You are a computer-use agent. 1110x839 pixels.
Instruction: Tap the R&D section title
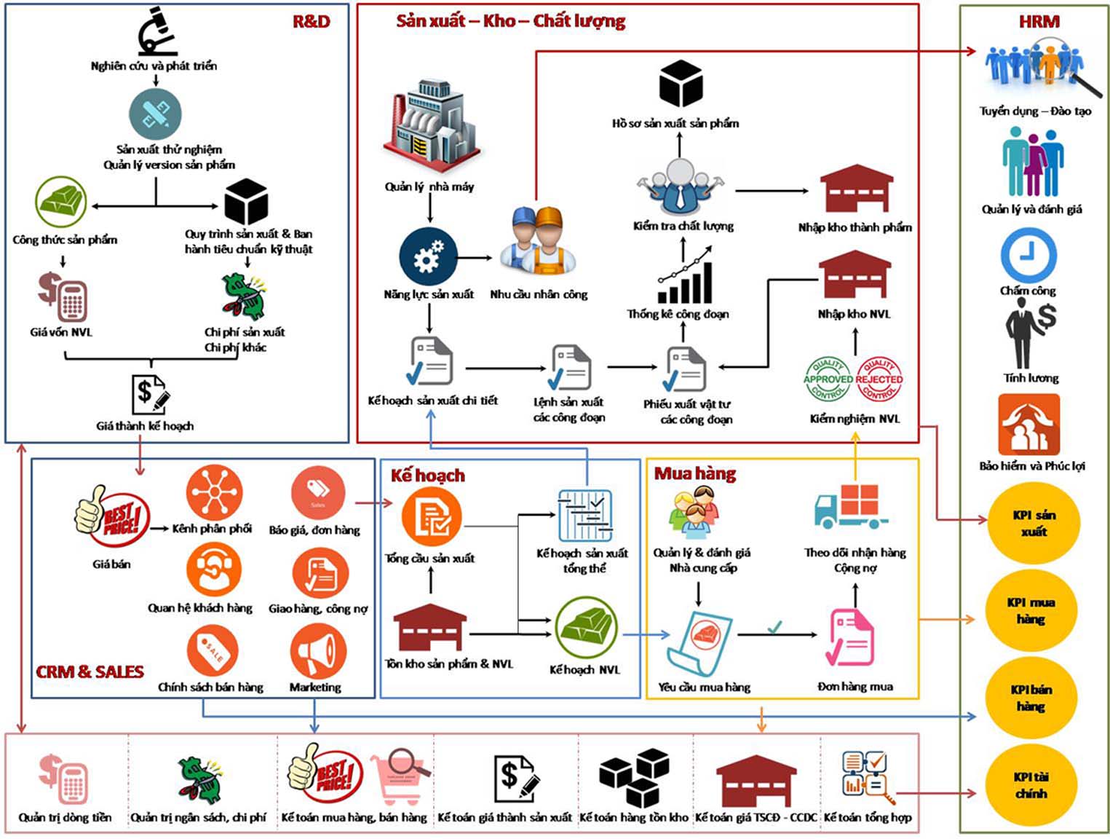(x=311, y=21)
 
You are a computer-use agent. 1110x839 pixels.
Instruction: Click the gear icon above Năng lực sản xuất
(x=428, y=257)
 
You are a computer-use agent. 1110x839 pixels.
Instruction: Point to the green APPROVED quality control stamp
(x=828, y=379)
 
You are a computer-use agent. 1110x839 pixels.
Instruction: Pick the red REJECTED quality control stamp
(x=879, y=379)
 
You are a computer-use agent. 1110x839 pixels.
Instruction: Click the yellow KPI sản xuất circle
(x=1034, y=523)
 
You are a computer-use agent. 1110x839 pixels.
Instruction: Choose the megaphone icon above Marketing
(x=318, y=652)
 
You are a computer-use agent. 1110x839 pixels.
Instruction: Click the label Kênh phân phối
(x=212, y=529)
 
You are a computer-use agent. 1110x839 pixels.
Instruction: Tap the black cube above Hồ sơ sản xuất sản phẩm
(x=681, y=84)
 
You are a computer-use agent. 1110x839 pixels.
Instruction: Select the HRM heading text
(x=1039, y=22)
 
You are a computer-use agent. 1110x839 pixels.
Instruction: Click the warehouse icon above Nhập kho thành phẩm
(x=856, y=189)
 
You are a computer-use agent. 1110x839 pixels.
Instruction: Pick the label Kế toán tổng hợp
(x=867, y=817)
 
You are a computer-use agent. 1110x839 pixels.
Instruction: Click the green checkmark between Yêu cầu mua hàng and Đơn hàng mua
(x=774, y=626)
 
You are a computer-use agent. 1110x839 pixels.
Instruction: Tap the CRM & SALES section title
(x=90, y=671)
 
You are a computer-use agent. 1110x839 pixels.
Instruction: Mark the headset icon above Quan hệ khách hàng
(x=213, y=569)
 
